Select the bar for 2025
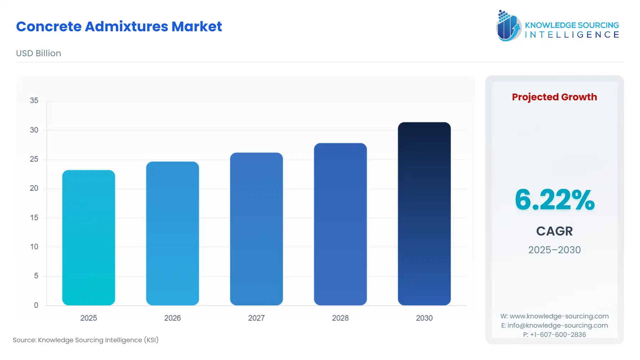click(89, 238)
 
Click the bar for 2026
click(172, 233)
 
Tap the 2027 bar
click(256, 229)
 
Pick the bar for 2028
click(340, 224)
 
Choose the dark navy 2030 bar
click(424, 213)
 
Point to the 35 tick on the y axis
click(34, 101)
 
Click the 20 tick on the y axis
click(34, 188)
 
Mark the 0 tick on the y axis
click(36, 305)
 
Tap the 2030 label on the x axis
click(424, 318)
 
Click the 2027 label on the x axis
click(256, 318)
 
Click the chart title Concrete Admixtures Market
click(119, 27)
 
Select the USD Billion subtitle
click(38, 53)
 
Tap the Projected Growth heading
click(554, 97)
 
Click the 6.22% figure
click(554, 200)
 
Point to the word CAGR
click(554, 231)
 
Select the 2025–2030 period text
click(554, 250)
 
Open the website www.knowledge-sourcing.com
click(559, 316)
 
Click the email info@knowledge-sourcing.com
click(558, 325)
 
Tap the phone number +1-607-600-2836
click(558, 335)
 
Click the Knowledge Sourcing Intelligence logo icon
click(508, 26)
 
